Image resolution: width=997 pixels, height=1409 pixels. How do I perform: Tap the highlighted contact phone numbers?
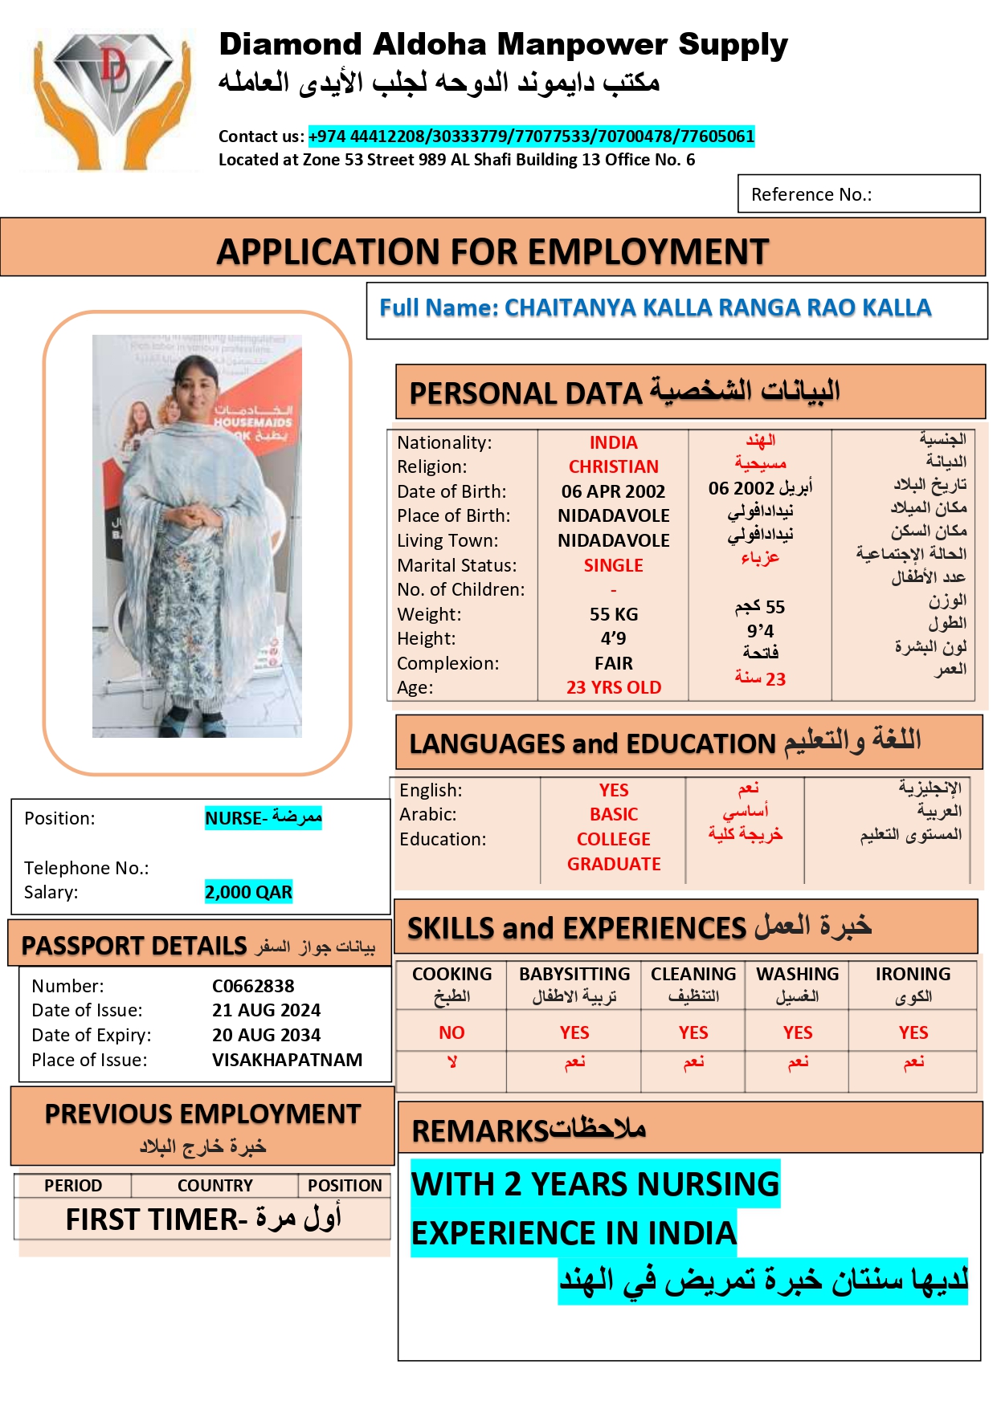tap(531, 136)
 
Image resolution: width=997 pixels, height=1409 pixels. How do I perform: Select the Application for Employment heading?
tap(492, 252)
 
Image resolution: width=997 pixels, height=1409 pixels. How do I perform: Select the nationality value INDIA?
tap(613, 443)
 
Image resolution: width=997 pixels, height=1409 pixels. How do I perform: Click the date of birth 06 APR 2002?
tap(613, 491)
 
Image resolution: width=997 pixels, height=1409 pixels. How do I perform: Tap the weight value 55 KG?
tap(613, 615)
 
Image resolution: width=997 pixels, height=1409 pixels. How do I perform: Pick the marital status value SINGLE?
tap(613, 565)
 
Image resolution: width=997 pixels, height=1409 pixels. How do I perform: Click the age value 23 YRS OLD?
tap(613, 688)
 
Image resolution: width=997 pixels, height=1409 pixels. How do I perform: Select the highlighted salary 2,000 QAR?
tap(248, 893)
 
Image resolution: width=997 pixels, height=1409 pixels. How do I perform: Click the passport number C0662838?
tap(253, 987)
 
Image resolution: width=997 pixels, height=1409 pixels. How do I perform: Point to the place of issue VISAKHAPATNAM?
tap(287, 1061)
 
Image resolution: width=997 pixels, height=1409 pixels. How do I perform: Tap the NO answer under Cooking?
tap(452, 1033)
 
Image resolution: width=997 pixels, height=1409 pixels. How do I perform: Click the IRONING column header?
tap(913, 975)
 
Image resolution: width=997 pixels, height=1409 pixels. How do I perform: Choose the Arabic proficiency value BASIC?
tap(613, 815)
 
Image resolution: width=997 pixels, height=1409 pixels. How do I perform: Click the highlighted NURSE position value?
tap(263, 818)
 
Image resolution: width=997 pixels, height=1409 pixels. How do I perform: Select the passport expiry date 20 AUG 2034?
tap(266, 1036)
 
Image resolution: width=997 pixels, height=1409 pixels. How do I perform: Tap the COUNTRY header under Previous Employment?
tap(215, 1186)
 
